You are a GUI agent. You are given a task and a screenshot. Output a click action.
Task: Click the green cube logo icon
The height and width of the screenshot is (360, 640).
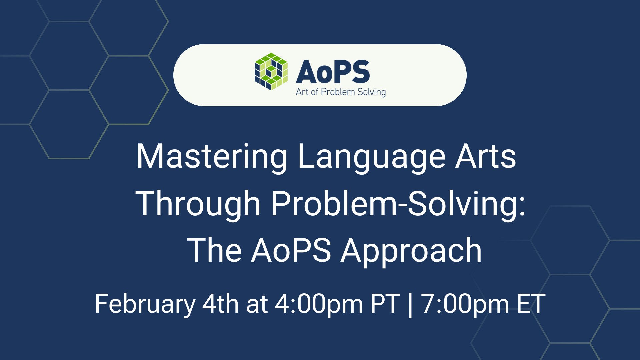pyautogui.click(x=271, y=71)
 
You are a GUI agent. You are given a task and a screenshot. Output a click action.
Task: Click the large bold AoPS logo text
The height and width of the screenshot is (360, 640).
pyautogui.click(x=333, y=72)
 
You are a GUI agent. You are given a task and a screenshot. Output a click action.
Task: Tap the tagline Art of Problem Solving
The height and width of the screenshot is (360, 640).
pyautogui.click(x=340, y=92)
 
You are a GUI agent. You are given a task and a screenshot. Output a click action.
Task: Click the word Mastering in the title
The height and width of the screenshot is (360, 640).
pyautogui.click(x=212, y=157)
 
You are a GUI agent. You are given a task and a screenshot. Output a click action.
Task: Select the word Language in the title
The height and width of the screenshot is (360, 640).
pyautogui.click(x=371, y=157)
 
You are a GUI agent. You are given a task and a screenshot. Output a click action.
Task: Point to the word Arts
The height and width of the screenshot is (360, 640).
pyautogui.click(x=486, y=157)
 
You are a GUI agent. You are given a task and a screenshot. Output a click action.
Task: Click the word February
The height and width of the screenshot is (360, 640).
pyautogui.click(x=145, y=304)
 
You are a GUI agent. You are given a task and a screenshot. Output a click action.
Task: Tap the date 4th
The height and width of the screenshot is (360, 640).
pyautogui.click(x=220, y=304)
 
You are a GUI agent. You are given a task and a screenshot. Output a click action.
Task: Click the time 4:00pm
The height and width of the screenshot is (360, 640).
pyautogui.click(x=319, y=304)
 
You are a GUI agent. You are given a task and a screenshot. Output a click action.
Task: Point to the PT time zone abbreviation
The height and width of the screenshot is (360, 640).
pyautogui.click(x=385, y=304)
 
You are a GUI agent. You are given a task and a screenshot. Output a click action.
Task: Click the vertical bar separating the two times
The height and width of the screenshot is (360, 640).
pyautogui.click(x=410, y=304)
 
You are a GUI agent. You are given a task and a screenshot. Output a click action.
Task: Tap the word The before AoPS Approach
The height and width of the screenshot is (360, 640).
pyautogui.click(x=214, y=251)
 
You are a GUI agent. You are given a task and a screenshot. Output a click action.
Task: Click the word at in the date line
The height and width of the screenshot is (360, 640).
pyautogui.click(x=257, y=304)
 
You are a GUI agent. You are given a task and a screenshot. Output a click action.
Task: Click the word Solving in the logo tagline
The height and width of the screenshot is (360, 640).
pyautogui.click(x=371, y=92)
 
